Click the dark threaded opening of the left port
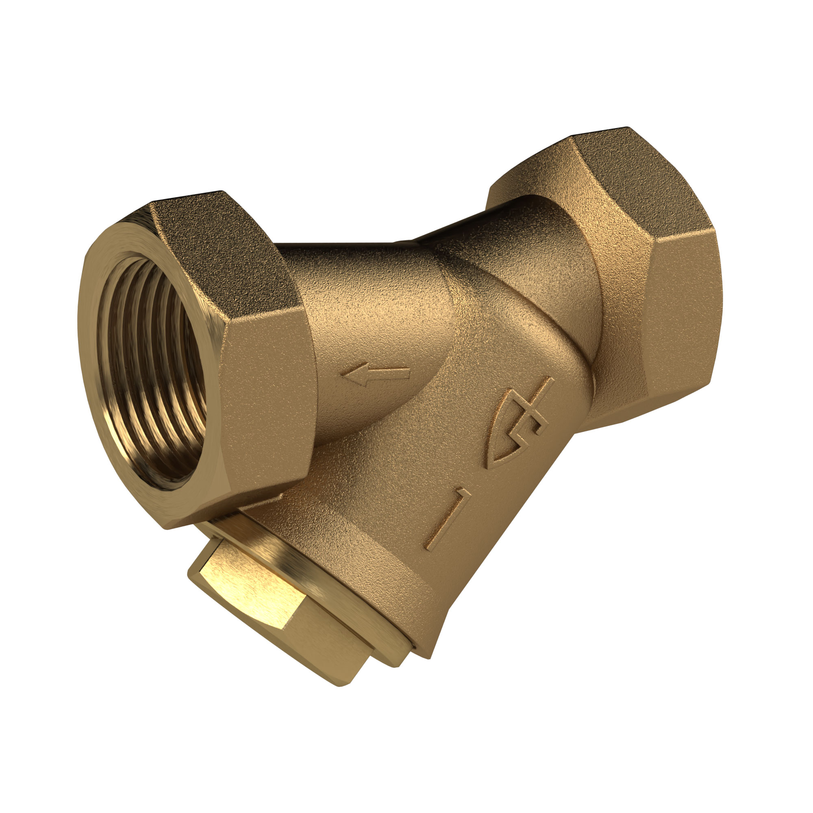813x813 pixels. point(152,370)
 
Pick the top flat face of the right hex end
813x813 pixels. point(623,177)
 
